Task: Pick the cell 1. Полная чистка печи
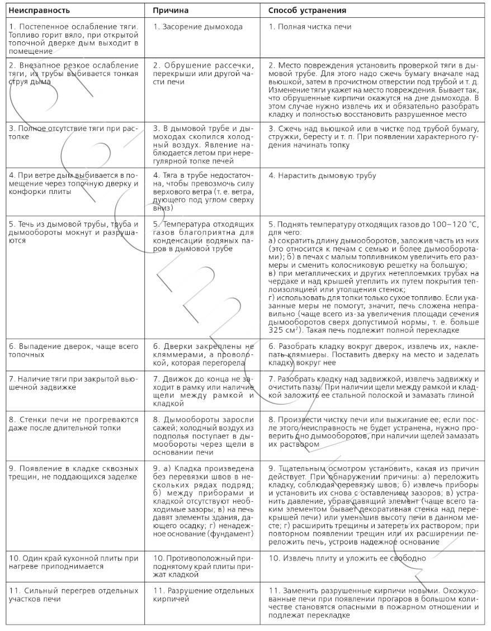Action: [310, 27]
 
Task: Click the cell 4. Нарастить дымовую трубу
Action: [323, 175]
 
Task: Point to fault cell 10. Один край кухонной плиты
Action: [73, 562]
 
